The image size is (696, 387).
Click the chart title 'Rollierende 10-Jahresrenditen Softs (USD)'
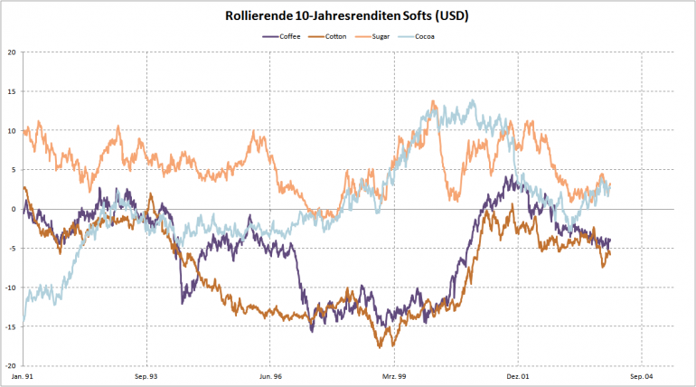[347, 16]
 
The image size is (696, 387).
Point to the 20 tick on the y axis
[11, 52]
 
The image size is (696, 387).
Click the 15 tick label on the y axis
[11, 91]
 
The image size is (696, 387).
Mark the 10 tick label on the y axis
[11, 130]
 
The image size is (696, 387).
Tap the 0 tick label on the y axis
[13, 209]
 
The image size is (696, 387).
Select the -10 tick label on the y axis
[10, 288]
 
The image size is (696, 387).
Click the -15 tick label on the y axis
[10, 326]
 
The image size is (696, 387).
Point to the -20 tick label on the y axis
[10, 365]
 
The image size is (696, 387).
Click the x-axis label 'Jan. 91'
[23, 375]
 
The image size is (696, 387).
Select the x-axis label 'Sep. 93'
[146, 375]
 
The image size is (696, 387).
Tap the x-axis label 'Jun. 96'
[270, 375]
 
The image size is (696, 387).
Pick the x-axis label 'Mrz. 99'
[394, 375]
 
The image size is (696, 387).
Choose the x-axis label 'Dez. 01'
[517, 375]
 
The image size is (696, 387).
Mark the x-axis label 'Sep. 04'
[641, 375]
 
